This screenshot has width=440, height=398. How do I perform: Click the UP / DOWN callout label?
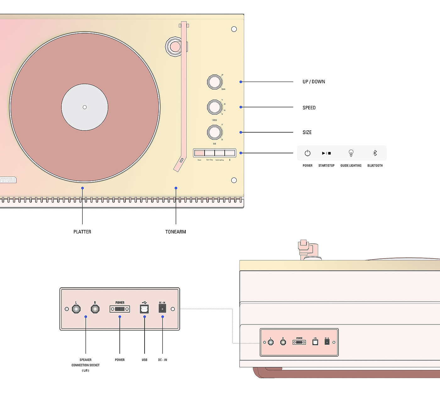[314, 82]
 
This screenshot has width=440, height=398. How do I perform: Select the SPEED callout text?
[309, 108]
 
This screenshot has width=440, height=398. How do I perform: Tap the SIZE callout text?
[307, 133]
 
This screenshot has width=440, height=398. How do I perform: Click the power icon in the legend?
[307, 153]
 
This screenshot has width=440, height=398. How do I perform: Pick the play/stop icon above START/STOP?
[326, 153]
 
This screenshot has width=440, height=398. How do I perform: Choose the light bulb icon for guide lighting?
[351, 153]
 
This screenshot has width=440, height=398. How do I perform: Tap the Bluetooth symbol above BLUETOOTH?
[375, 153]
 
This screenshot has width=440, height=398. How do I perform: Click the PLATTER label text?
[82, 232]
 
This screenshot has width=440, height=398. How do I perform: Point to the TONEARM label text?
[176, 232]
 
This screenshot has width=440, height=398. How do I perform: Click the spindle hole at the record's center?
[85, 107]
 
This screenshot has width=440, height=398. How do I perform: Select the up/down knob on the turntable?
[215, 82]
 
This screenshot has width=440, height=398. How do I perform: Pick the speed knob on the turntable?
[215, 107]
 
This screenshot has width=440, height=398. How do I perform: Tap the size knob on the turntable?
[215, 132]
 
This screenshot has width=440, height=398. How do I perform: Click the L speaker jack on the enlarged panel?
[76, 309]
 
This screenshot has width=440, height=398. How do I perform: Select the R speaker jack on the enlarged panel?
[95, 309]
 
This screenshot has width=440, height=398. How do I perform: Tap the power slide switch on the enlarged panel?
[120, 309]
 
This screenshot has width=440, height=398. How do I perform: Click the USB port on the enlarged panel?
[144, 309]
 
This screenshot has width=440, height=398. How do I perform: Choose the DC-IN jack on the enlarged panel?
[162, 309]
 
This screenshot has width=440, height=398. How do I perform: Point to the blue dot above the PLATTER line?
[82, 188]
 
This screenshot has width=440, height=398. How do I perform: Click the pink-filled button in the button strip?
[200, 153]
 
